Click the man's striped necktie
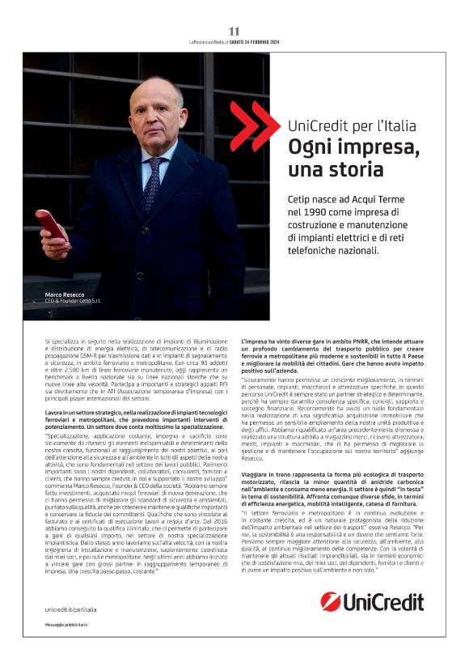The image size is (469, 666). click(152, 182)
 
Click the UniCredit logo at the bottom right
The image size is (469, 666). click(372, 601)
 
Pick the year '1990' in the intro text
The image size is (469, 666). click(311, 211)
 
